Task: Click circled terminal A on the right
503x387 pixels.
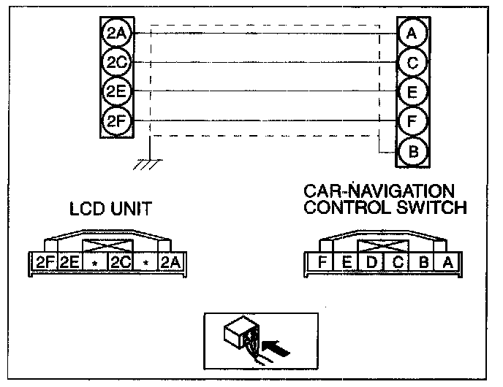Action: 412,34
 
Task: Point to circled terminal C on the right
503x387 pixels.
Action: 412,63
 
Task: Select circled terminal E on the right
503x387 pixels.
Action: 412,92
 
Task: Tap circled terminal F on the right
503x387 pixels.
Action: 412,121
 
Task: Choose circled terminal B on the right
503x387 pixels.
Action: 412,151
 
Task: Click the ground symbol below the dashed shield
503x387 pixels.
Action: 149,164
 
